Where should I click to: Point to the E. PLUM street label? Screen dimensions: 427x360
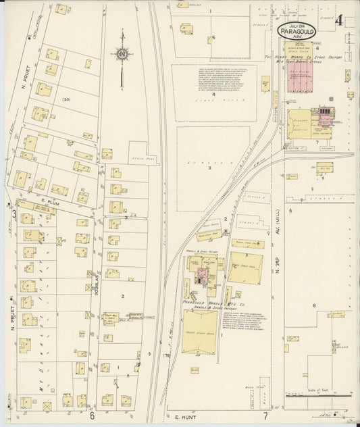coord(46,201)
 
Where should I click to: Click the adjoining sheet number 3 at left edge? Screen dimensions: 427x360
coord(13,214)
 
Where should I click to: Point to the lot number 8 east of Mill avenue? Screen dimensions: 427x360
coord(314,306)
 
